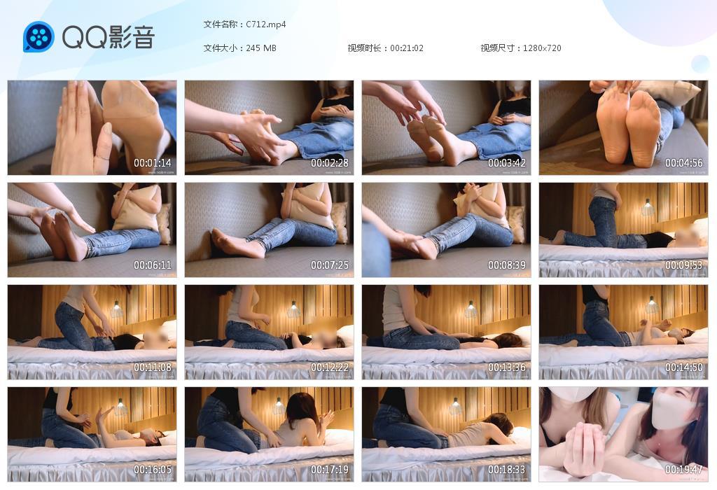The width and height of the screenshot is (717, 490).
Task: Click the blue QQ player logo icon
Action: tap(39, 37)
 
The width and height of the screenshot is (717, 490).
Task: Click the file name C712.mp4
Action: tap(266, 24)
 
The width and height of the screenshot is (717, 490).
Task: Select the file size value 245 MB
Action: tap(261, 48)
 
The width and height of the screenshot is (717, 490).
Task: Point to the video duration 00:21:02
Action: tap(407, 48)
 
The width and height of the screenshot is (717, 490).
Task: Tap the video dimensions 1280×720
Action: tap(542, 48)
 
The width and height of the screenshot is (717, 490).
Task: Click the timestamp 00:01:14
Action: tap(153, 163)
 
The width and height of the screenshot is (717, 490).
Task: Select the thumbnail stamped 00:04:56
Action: tap(623, 127)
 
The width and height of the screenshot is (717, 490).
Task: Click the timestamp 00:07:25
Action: tap(330, 265)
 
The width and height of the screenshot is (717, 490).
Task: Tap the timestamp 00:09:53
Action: tap(683, 265)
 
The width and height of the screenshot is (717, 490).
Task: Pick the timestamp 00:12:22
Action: tap(330, 367)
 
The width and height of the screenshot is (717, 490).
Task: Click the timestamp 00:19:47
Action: tap(683, 470)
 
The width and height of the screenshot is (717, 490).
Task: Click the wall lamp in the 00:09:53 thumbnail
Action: tap(648, 207)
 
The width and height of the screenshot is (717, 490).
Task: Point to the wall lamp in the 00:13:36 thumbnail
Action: tap(471, 309)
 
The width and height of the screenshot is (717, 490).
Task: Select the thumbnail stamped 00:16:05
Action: tap(92, 434)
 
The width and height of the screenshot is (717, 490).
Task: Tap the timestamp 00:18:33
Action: tap(507, 470)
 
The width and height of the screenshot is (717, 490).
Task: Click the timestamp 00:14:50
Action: tap(683, 367)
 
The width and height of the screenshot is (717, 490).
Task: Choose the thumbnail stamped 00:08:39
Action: tap(446, 230)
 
